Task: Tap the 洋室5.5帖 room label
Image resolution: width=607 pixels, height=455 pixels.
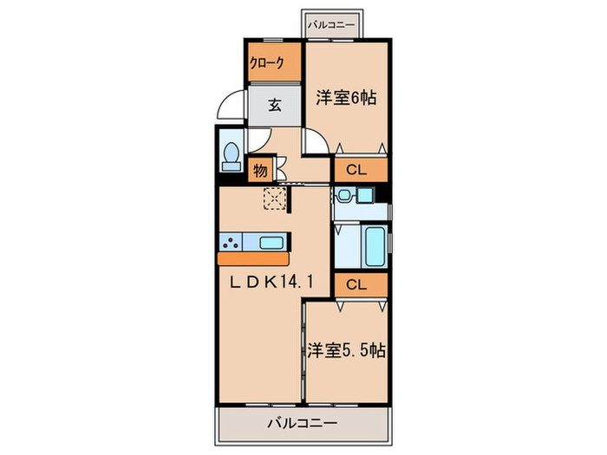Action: (x=346, y=351)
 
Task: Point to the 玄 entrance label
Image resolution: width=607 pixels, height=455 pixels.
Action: (x=274, y=106)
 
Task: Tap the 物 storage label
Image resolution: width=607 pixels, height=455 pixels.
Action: (x=260, y=170)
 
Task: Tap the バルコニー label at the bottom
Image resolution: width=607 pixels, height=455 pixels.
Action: (x=302, y=424)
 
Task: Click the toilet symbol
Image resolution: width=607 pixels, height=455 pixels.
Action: (x=232, y=156)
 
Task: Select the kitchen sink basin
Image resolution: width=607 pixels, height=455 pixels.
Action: (x=270, y=242)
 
